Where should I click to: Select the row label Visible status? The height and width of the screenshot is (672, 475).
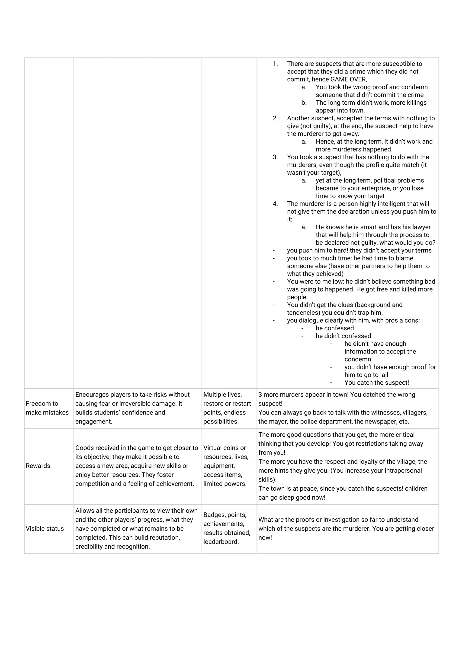pyautogui.click(x=45, y=529)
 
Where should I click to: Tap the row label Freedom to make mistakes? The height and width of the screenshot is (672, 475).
pyautogui.click(x=47, y=408)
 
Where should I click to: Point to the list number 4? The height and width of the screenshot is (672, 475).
pyautogui.click(x=275, y=204)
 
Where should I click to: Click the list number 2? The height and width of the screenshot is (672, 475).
pyautogui.click(x=275, y=118)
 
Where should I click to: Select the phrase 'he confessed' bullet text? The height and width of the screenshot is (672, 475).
pyautogui.click(x=334, y=328)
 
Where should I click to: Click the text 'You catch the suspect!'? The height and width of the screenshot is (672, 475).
pyautogui.click(x=376, y=383)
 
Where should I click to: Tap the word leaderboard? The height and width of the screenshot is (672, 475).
pyautogui.click(x=221, y=542)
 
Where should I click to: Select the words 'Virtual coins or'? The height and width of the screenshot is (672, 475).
pyautogui.click(x=225, y=448)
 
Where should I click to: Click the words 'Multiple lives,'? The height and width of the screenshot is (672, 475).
pyautogui.click(x=222, y=395)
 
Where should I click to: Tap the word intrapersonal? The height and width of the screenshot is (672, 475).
pyautogui.click(x=402, y=471)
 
